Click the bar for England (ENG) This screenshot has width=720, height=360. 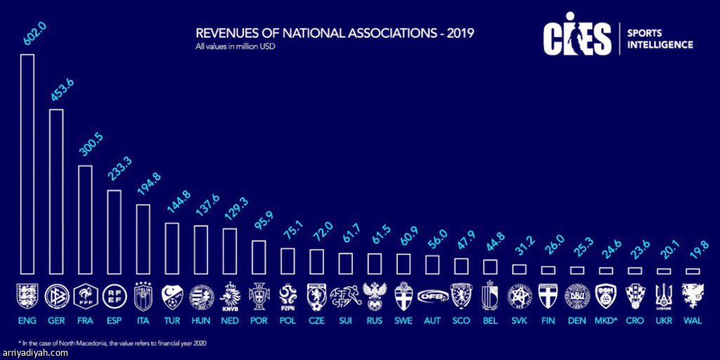[x=27, y=164]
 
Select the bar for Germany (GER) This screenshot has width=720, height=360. [x=56, y=191]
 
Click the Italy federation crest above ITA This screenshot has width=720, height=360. [x=142, y=296]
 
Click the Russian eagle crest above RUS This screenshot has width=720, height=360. [x=373, y=296]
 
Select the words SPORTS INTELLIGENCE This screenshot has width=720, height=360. [x=660, y=39]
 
